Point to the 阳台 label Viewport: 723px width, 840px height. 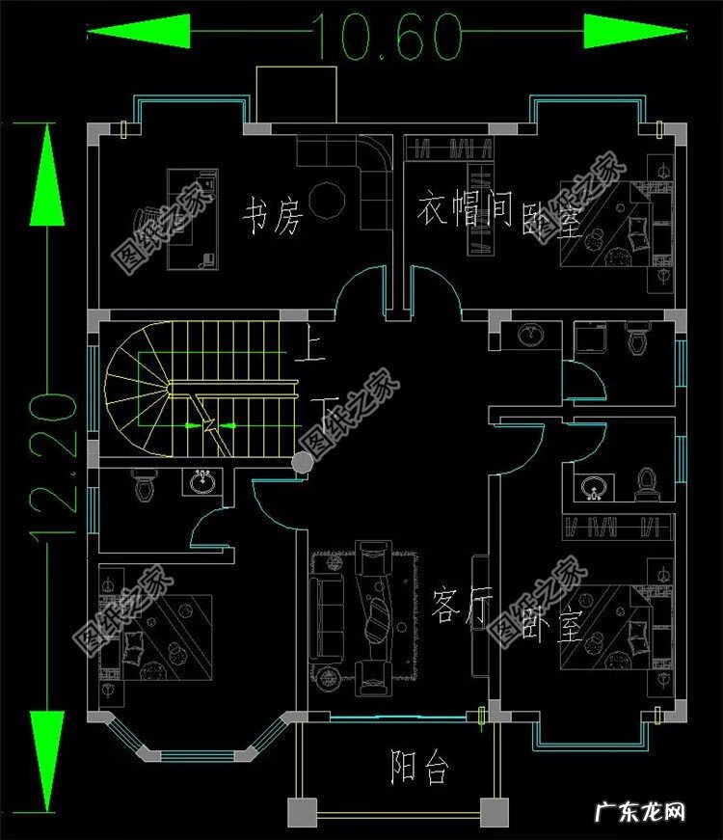(419, 768)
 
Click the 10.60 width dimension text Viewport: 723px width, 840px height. (385, 37)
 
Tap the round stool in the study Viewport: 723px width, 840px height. (332, 198)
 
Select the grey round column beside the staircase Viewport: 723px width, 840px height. (303, 464)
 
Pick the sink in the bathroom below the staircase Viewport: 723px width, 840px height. (201, 480)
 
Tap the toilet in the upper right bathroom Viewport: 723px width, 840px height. (636, 339)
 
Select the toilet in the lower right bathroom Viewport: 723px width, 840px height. (646, 481)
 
